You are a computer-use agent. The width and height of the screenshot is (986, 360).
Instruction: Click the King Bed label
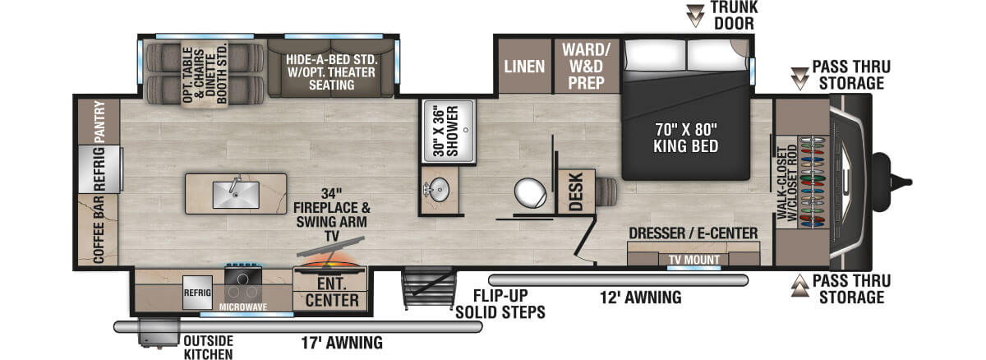click(686, 137)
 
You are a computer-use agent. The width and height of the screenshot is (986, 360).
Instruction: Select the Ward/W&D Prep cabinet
click(585, 66)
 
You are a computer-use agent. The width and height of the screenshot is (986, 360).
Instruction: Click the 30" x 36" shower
click(448, 128)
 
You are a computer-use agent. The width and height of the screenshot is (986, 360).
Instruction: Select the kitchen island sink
click(235, 194)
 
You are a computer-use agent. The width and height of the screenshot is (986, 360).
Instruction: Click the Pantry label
click(99, 121)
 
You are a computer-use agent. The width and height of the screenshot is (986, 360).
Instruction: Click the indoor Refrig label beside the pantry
click(99, 169)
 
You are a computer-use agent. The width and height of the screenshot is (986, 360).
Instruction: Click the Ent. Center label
click(331, 292)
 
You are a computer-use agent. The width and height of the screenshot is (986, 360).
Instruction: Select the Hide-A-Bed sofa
click(330, 66)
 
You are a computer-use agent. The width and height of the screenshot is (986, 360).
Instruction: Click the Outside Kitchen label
click(208, 347)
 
